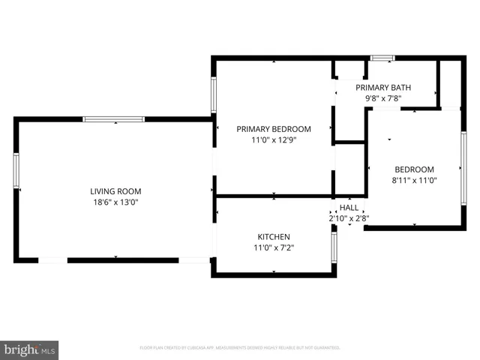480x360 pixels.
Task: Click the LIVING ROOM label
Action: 115,191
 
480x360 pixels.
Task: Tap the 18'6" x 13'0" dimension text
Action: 115,202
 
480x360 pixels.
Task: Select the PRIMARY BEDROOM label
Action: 273,129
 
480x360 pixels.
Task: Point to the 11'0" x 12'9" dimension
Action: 273,139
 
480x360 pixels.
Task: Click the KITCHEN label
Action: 273,237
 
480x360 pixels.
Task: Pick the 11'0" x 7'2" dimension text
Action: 273,247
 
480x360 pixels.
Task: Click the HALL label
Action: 349,208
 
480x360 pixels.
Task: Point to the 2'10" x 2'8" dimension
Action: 349,218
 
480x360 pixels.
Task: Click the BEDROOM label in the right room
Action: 414,169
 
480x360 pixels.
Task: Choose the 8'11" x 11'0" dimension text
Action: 414,180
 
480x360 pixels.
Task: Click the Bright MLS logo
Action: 30,349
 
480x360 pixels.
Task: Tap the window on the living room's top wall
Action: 113,118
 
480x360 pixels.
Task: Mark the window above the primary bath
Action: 382,58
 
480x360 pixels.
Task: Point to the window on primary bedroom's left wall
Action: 214,95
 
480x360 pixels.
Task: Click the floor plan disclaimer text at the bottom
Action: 240,348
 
